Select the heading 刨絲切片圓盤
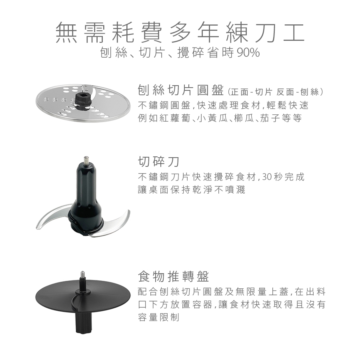pos(181,90)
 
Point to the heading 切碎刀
pos(158,162)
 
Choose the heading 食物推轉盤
pos(174,276)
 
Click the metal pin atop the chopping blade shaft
pos(86,160)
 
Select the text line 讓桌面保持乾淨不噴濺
pos(192,190)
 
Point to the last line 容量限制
pos(158,318)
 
